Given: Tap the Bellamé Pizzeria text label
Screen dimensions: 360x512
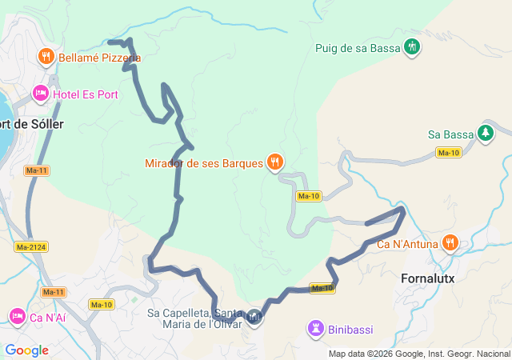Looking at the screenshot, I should coord(99,58).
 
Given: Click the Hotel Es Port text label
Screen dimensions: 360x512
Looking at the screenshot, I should coord(86,94).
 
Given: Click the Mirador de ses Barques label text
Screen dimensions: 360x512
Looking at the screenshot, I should coord(203,163).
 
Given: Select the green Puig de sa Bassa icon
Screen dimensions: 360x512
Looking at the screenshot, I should coord(412,47).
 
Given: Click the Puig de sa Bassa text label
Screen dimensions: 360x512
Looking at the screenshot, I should coord(358,48).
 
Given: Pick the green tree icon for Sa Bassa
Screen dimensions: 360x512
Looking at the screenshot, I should coord(485,133).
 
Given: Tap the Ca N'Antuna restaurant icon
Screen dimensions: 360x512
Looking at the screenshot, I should coord(450,242).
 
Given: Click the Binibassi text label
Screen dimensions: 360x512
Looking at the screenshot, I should coord(354,328).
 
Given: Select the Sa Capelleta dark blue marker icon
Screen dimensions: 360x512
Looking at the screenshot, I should coord(254,318).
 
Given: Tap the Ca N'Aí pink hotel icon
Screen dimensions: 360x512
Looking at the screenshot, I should coord(17,317).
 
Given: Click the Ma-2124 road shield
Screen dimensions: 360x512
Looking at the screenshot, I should coord(30,246).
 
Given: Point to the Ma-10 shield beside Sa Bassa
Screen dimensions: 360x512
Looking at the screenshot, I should coord(448,152).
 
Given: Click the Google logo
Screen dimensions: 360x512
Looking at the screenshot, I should coord(26,350).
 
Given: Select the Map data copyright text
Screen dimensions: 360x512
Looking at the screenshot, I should coord(418,354).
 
